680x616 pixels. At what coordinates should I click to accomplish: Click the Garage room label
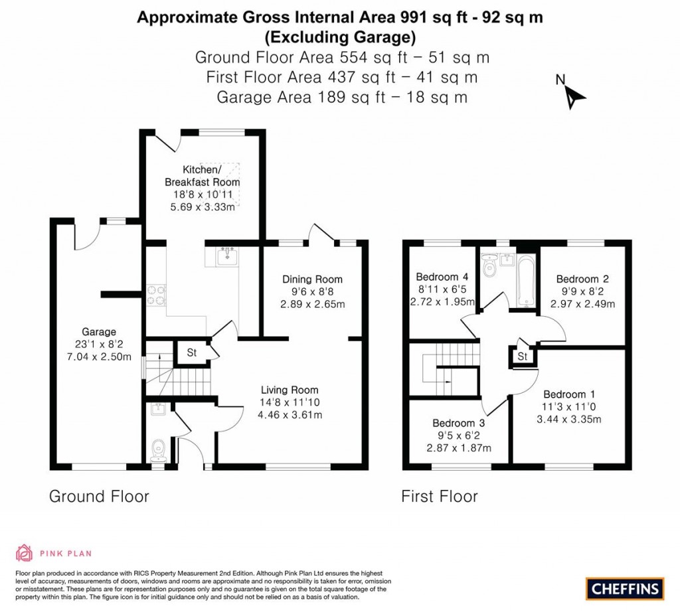[x=99, y=332]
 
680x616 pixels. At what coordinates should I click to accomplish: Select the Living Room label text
[x=289, y=390]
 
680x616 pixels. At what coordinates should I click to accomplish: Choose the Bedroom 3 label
[x=458, y=423]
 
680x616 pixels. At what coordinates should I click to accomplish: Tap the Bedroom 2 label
[x=582, y=279]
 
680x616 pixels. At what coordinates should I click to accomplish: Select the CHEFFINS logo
[x=624, y=588]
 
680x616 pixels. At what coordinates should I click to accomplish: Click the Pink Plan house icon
[x=25, y=552]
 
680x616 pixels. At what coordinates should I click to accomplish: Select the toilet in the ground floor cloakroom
[x=158, y=451]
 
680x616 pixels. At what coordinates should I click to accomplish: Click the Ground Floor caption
[x=99, y=497]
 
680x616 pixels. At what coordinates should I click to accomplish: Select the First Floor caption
[x=440, y=497]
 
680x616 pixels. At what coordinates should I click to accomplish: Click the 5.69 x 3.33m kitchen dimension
[x=203, y=207]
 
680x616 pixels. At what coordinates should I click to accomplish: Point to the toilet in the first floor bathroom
[x=490, y=269]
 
